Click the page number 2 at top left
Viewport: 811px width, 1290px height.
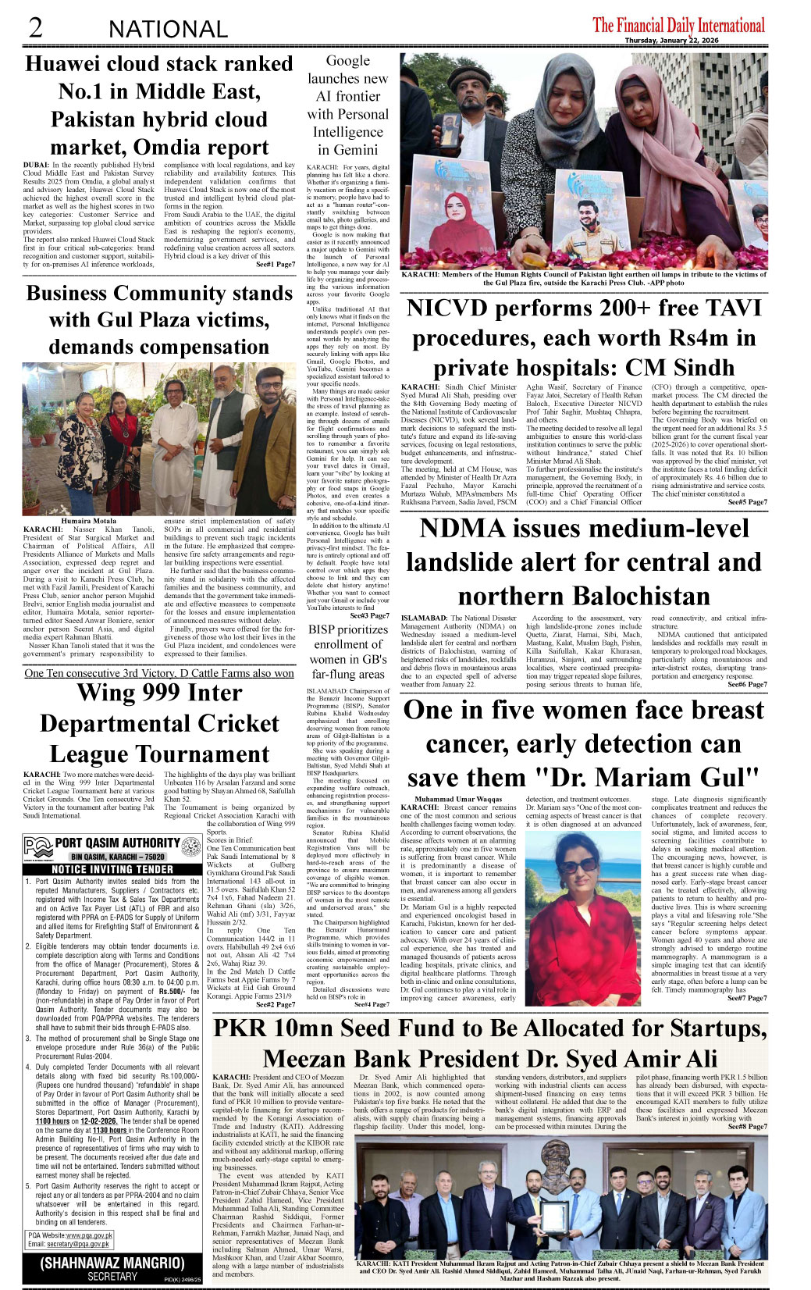coord(36,28)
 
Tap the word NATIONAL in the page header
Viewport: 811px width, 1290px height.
coord(169,30)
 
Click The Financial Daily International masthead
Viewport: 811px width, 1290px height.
coord(678,25)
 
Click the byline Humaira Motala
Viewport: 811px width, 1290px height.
coord(88,521)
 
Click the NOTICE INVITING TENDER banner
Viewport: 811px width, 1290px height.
coord(112,869)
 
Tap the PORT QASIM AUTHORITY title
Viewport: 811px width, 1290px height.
coord(117,843)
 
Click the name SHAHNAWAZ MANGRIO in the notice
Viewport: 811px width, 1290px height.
coord(112,1263)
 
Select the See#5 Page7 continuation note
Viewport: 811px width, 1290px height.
coord(747,502)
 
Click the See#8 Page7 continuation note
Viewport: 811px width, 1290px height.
coord(747,1127)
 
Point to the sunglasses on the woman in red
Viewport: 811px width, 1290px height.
coord(576,867)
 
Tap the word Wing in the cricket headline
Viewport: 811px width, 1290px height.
coord(108,693)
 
